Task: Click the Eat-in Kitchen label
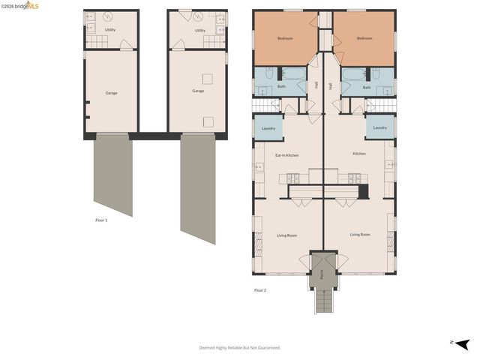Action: [286, 155]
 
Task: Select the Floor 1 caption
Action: [101, 220]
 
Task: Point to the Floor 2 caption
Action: [260, 290]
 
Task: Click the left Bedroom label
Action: [285, 38]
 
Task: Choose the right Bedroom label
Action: [364, 38]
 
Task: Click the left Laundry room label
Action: [268, 128]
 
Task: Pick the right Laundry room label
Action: [380, 127]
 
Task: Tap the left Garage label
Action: [111, 93]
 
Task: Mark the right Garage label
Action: [198, 91]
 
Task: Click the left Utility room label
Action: [109, 30]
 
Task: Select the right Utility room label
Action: [200, 30]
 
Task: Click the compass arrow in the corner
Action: [462, 343]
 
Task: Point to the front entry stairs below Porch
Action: [322, 301]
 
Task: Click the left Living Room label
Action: [286, 235]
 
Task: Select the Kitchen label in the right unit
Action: [359, 154]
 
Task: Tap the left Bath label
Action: [281, 86]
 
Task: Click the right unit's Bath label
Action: [367, 87]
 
